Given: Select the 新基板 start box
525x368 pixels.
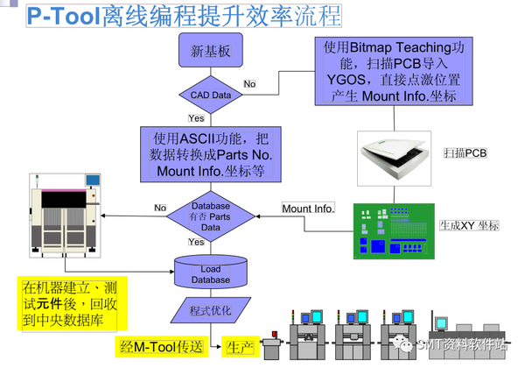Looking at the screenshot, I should pyautogui.click(x=210, y=52).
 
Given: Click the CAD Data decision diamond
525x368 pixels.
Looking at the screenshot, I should pyautogui.click(x=210, y=94).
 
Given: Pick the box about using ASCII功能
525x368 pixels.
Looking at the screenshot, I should pyautogui.click(x=210, y=154).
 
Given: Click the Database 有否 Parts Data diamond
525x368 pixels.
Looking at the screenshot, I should pyautogui.click(x=210, y=216).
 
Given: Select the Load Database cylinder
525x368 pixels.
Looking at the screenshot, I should pyautogui.click(x=211, y=271).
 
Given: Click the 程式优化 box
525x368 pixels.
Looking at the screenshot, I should pyautogui.click(x=210, y=310).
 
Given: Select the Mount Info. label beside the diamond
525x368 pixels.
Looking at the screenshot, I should pyautogui.click(x=307, y=209).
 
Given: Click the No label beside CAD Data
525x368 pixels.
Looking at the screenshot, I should pyautogui.click(x=249, y=84).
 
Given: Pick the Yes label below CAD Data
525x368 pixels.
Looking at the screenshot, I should pyautogui.click(x=196, y=117).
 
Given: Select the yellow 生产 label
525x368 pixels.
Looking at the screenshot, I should pyautogui.click(x=239, y=348).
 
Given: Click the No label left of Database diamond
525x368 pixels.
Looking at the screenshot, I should pyautogui.click(x=160, y=209).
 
